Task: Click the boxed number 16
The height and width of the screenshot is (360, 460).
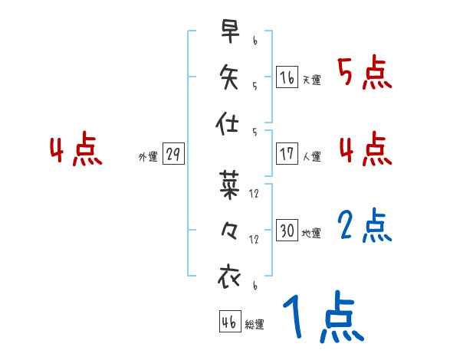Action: (287, 77)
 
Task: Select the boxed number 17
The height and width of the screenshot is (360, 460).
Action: (287, 154)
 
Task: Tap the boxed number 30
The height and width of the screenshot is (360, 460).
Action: (287, 231)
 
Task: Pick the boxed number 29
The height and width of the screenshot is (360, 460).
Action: (172, 154)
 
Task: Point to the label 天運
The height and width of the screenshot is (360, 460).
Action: (311, 80)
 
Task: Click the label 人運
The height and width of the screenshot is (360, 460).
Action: (311, 156)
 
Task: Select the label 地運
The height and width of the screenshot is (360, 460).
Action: (311, 233)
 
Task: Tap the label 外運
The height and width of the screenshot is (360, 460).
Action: (148, 156)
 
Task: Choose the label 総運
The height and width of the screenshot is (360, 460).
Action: (255, 324)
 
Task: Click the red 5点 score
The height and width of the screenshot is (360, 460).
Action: (364, 74)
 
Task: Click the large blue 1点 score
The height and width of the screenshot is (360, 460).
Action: (322, 319)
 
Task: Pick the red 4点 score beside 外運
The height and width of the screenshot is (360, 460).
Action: (75, 150)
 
